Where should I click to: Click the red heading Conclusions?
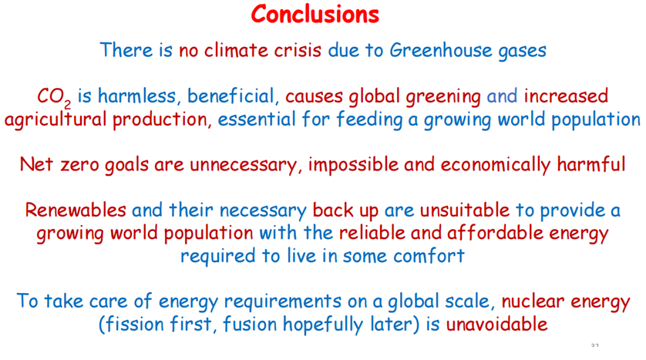coord(315,14)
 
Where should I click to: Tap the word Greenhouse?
coord(441,50)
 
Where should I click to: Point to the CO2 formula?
coord(54,98)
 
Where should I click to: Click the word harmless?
coord(136,96)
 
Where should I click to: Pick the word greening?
coord(443,97)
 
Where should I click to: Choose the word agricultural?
coord(56,119)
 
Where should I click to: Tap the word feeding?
coord(369,119)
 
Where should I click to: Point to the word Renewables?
coord(76,210)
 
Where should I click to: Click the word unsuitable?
coord(465,210)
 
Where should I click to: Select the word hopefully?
coord(323,325)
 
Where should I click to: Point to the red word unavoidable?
coord(496,325)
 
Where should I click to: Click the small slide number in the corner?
coord(594,345)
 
